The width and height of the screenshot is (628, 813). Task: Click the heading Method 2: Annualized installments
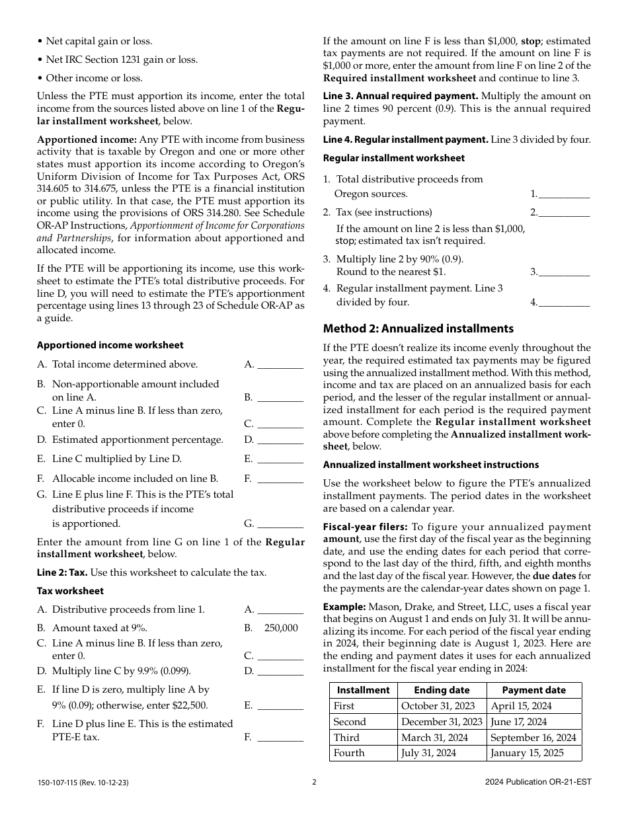pos(418,329)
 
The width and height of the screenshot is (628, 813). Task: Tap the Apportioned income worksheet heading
pos(110,345)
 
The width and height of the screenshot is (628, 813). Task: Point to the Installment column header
pos(363,690)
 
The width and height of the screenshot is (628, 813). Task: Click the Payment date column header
pos(533,690)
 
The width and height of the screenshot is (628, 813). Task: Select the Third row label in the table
pos(347,738)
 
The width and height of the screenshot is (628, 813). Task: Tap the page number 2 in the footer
pos(314,782)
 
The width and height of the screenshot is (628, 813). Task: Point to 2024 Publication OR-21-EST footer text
pos(537,782)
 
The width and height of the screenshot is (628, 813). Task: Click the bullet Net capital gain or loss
pos(98,41)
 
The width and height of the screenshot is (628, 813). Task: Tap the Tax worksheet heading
pos(70,591)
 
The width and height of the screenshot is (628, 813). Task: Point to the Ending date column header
pos(442,690)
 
